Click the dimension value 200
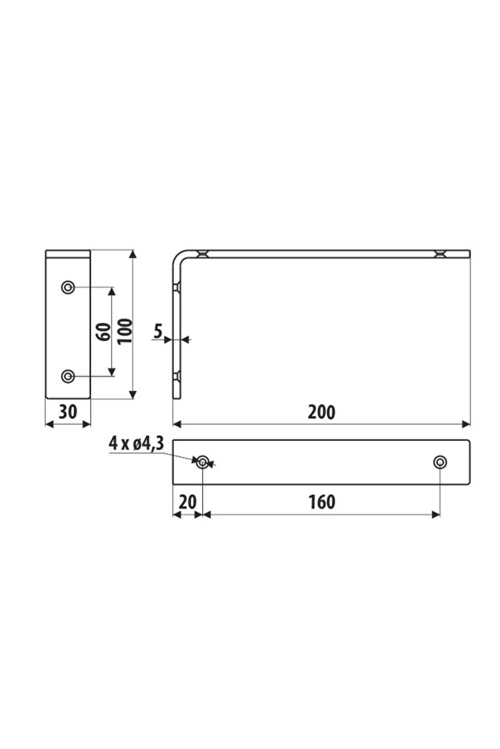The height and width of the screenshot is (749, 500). click(321, 412)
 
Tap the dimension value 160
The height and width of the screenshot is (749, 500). click(321, 502)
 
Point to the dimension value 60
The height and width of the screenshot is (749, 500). click(102, 331)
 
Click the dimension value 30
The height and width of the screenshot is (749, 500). click(68, 412)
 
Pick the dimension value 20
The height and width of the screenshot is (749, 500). click(187, 502)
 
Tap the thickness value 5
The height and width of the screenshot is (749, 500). click(158, 330)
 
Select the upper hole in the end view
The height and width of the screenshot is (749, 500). click(68, 287)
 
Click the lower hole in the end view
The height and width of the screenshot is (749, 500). click(68, 376)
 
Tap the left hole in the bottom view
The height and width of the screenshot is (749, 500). click(203, 462)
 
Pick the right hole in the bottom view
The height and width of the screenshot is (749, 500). click(440, 462)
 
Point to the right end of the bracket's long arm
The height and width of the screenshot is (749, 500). click(468, 253)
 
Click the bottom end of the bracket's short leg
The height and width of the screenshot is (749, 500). click(178, 397)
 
